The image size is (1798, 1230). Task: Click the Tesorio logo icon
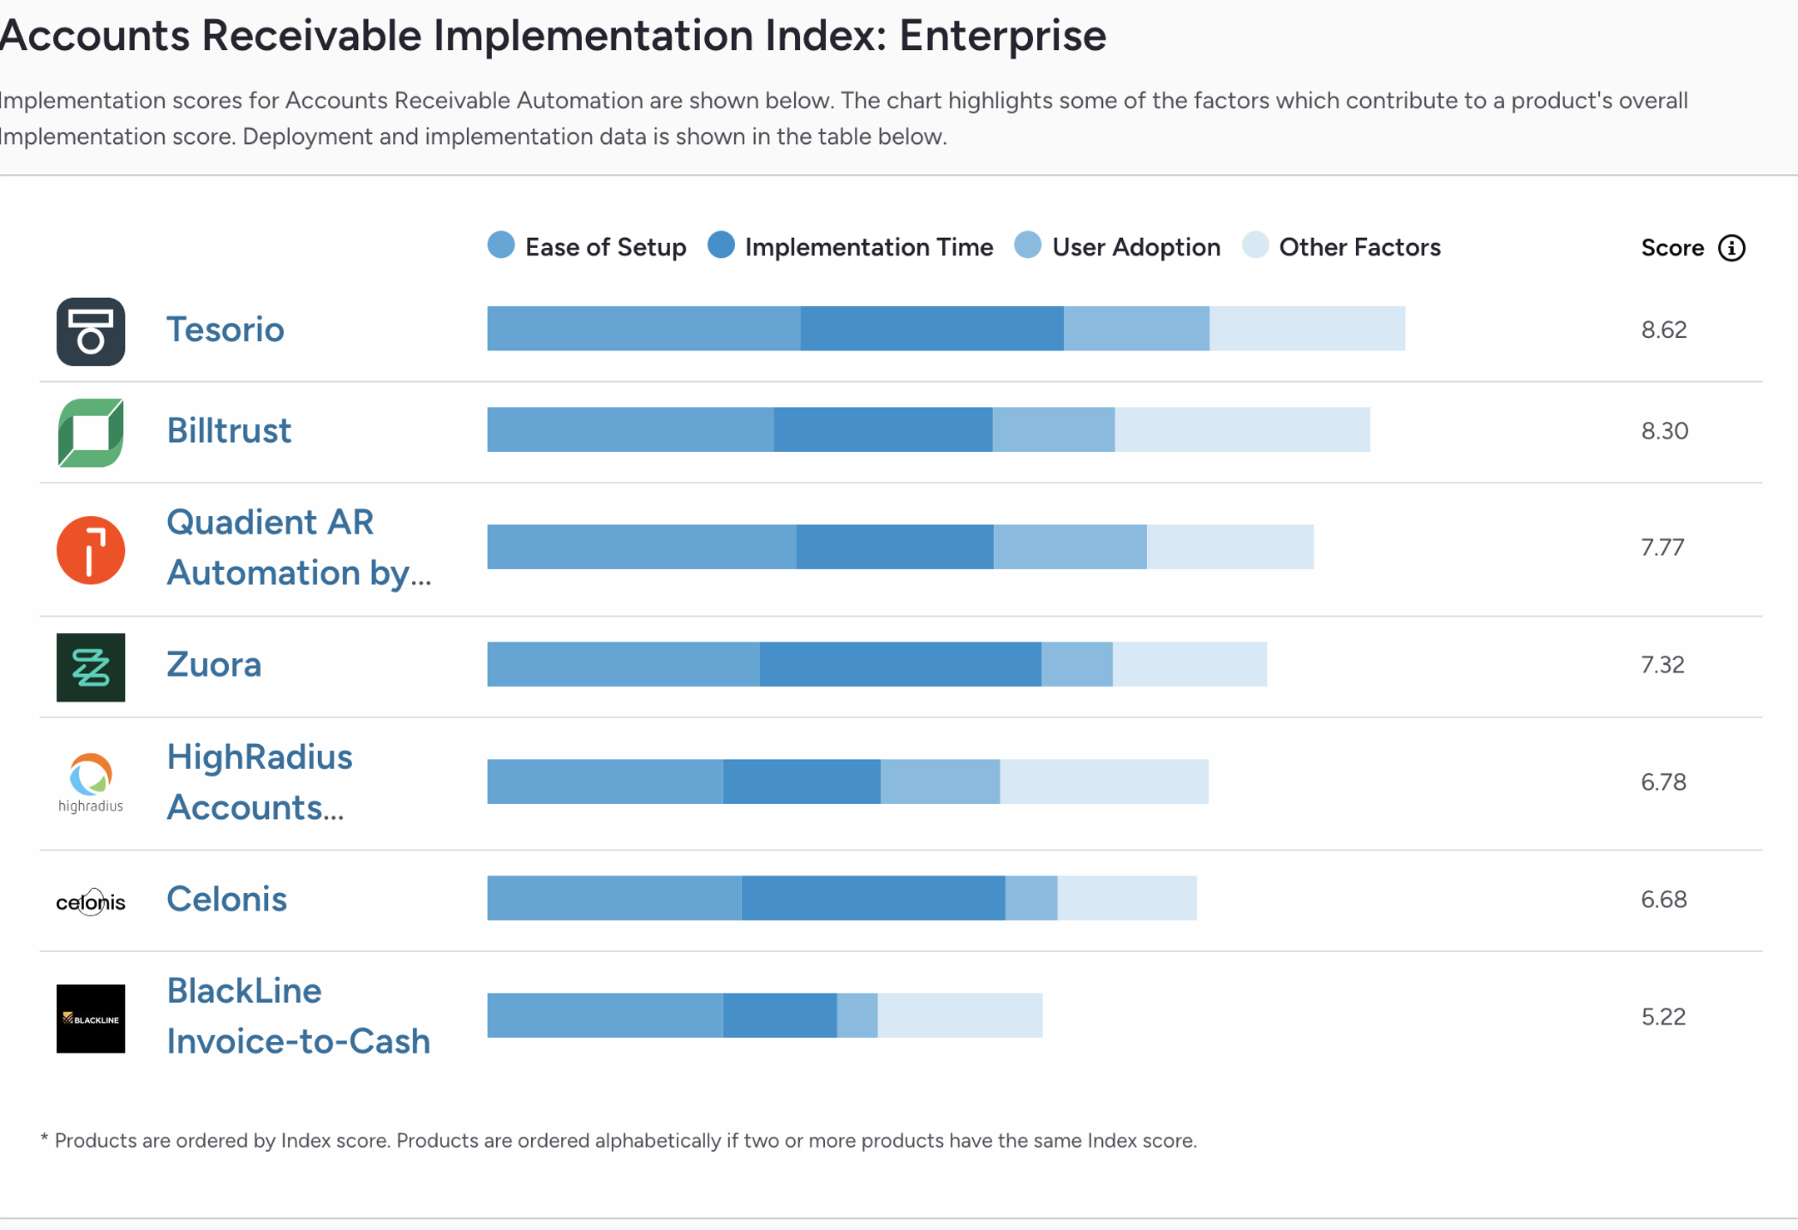pos(91,331)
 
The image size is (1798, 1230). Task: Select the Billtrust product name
pos(229,430)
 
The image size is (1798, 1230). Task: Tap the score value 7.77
pos(1662,547)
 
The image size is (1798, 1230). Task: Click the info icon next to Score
pos(1731,248)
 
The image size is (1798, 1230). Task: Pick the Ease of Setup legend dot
pos(501,246)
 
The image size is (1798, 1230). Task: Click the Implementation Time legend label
pos(868,247)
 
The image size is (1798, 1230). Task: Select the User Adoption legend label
pos(1135,247)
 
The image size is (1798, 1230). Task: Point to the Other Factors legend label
pos(1358,247)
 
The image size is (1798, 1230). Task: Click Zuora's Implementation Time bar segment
pos(900,664)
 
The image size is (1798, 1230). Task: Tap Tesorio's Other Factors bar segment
pos(1307,329)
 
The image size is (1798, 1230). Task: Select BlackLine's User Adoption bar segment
pos(857,1015)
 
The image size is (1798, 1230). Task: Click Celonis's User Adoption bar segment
pos(1031,898)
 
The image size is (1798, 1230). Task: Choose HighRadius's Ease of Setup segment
pos(604,781)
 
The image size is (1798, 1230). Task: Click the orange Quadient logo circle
pos(91,550)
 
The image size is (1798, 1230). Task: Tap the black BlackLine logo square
pos(91,1019)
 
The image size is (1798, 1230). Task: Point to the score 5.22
pos(1663,1016)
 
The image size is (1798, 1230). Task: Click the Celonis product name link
pos(226,899)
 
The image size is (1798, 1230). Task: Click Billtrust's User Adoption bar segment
pos(1053,429)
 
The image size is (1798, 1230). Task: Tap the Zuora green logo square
pos(91,667)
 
